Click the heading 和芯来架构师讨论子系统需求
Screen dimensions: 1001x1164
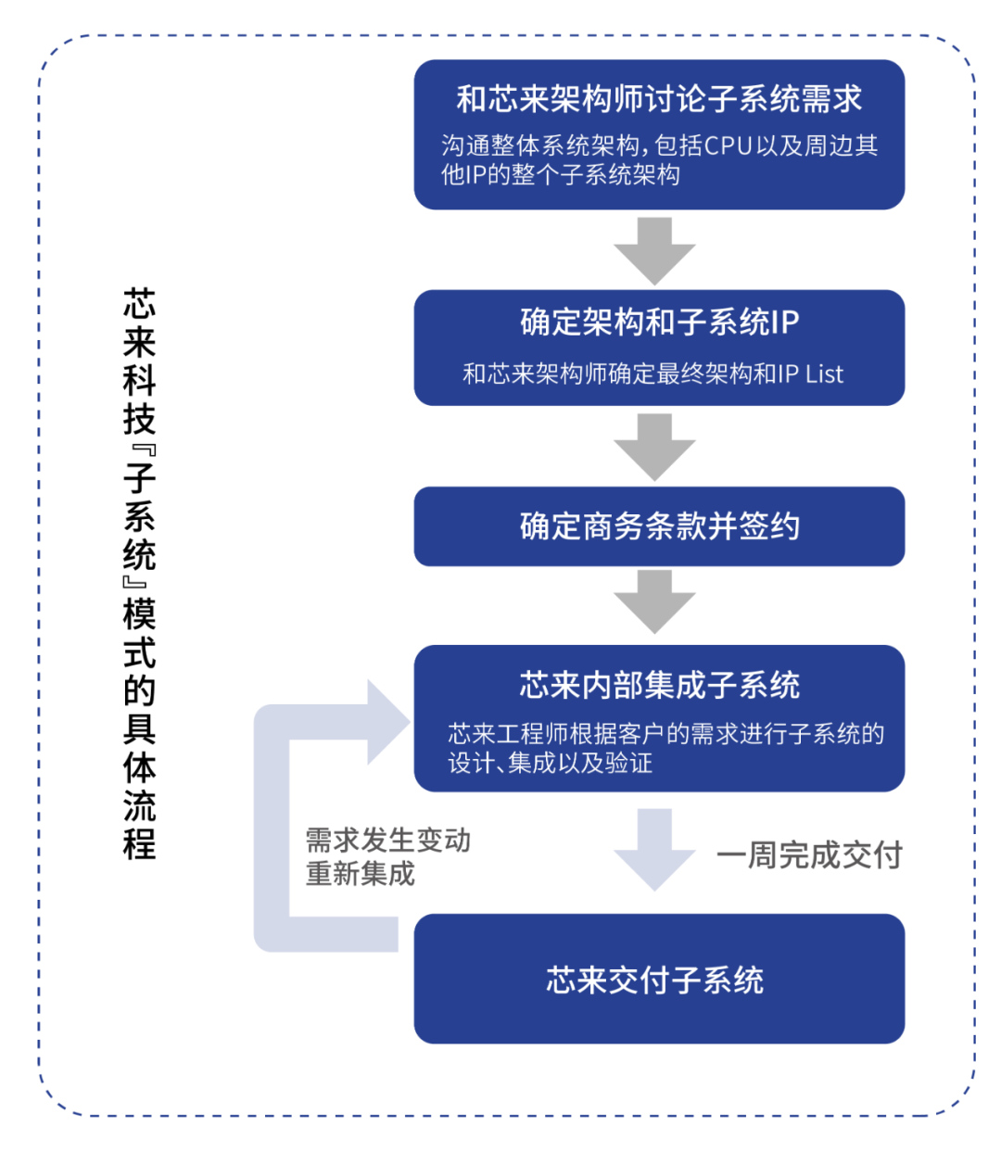[x=658, y=98]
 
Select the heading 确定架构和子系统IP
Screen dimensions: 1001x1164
[x=659, y=323]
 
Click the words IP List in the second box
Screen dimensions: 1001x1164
[x=810, y=373]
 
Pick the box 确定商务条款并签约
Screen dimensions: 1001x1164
[x=659, y=526]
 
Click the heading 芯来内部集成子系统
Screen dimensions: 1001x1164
[x=659, y=685]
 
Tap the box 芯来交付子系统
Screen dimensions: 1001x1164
[x=659, y=979]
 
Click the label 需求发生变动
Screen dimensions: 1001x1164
[x=387, y=841]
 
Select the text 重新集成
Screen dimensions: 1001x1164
[x=360, y=873]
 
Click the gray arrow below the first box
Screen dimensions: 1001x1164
[x=654, y=251]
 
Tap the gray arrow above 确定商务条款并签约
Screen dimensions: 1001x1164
[x=654, y=448]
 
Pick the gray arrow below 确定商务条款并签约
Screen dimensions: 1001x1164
[x=654, y=602]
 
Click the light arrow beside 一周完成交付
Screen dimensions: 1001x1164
[x=654, y=850]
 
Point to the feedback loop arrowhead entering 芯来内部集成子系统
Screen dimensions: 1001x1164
[x=388, y=722]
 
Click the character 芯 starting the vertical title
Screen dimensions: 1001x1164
[x=139, y=304]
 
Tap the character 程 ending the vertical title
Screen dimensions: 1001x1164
[x=139, y=843]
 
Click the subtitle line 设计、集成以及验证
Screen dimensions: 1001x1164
[x=550, y=763]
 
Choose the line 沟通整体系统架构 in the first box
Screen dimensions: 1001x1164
[x=539, y=145]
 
